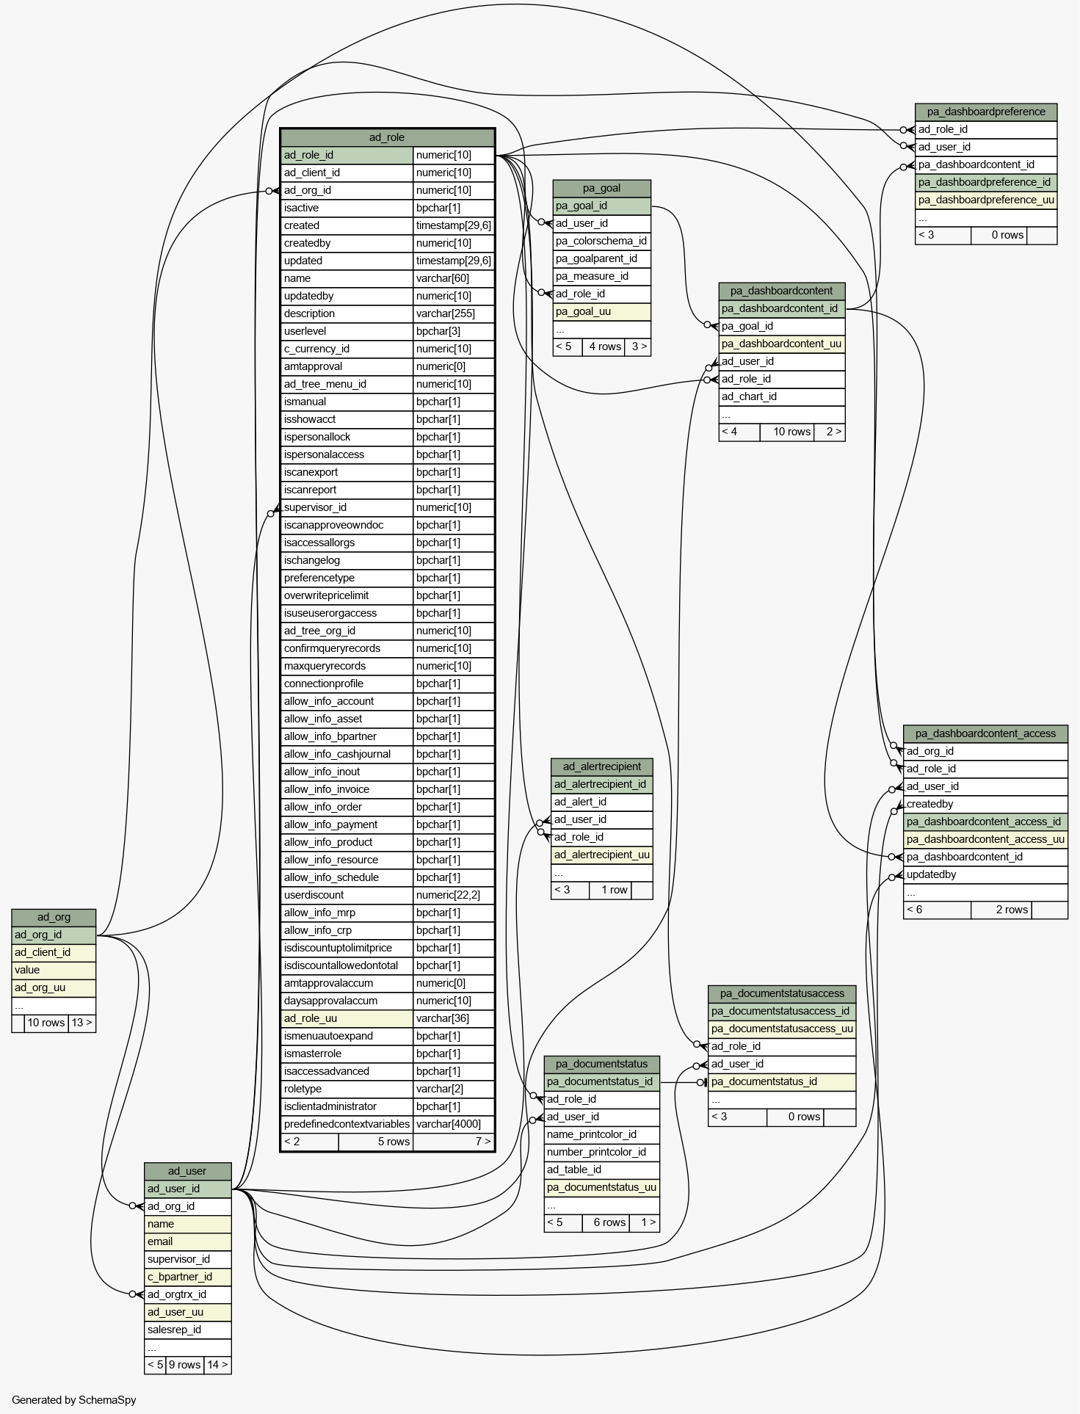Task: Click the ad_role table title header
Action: click(387, 137)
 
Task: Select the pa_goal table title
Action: click(601, 188)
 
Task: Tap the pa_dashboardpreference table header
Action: click(986, 112)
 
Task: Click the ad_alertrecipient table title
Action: click(602, 766)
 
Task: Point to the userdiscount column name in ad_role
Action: click(314, 895)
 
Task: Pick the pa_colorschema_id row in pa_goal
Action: click(601, 241)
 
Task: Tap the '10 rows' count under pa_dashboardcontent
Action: click(791, 432)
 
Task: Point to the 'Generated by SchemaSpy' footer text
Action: click(73, 1400)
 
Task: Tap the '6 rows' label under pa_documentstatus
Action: click(609, 1222)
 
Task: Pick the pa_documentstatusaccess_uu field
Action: click(782, 1029)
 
